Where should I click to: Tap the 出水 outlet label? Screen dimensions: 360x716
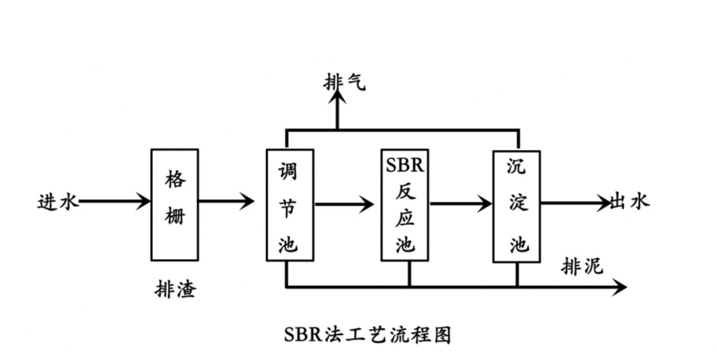tap(630, 201)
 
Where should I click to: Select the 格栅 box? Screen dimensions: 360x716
tap(175, 205)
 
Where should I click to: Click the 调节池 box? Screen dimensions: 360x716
tap(290, 205)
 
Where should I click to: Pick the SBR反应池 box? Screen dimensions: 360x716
tap(405, 205)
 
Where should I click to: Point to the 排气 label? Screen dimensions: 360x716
tap(345, 83)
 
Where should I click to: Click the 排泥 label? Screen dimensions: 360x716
tap(582, 267)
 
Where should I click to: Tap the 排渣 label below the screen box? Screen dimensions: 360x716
tap(175, 290)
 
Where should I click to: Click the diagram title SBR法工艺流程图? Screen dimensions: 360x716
tap(367, 334)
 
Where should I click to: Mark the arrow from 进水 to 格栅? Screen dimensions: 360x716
tap(115, 201)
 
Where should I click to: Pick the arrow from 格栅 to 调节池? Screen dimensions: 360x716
tap(226, 201)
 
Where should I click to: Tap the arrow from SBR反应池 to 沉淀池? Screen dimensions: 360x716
tap(460, 204)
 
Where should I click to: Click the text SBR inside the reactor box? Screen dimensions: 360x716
tap(405, 165)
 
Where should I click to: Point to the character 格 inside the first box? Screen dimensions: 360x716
tap(175, 180)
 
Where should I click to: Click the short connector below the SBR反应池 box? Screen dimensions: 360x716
tap(409, 274)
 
